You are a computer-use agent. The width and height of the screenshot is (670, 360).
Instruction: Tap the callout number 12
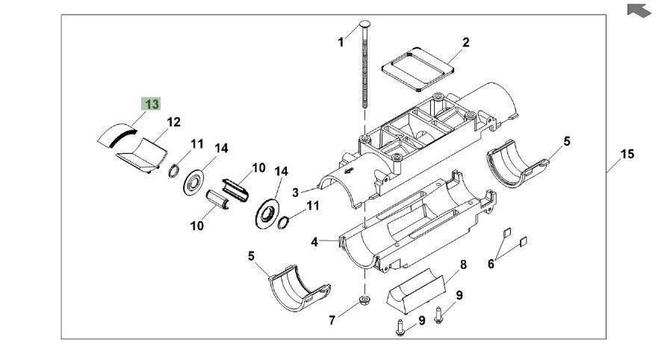point(173,122)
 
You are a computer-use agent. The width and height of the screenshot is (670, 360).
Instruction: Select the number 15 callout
point(627,155)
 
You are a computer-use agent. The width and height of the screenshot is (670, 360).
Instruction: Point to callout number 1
point(341,43)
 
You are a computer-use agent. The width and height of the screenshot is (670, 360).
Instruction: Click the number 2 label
point(465,43)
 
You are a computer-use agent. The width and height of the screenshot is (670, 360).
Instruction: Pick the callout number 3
point(296,192)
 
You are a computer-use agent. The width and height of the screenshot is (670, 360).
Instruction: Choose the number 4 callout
point(314,242)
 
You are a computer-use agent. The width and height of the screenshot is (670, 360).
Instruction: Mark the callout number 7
point(332,321)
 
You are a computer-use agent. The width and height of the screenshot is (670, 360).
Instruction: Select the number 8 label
point(463,264)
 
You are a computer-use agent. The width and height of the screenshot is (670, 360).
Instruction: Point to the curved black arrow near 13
point(123,136)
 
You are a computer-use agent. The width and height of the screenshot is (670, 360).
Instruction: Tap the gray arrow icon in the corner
point(640,10)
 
